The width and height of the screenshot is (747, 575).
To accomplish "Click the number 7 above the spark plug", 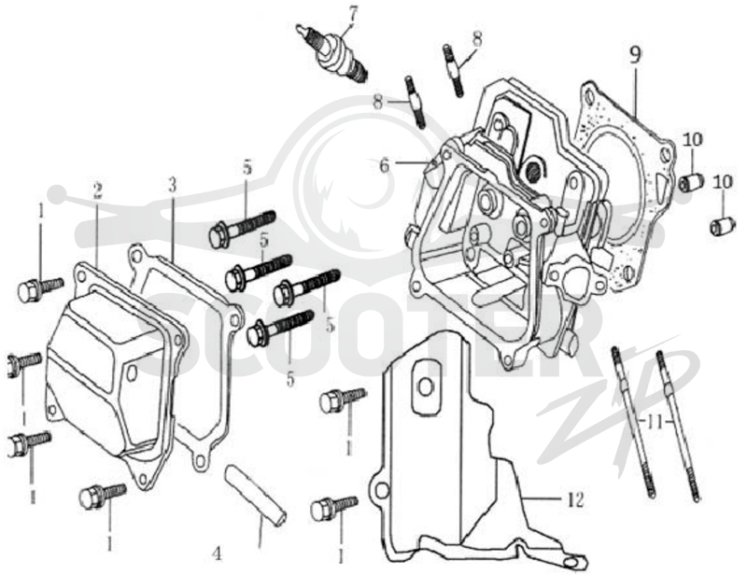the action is tap(352, 15).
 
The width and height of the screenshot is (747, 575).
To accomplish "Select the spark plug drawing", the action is tap(333, 53).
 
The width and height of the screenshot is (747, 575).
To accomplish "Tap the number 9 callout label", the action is tap(635, 55).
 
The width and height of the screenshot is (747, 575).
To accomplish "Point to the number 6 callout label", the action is tap(385, 165).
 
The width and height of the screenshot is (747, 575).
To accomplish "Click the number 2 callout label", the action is tap(98, 190).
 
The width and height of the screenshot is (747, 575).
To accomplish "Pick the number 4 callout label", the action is tap(217, 554).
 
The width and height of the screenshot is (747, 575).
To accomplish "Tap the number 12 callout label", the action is tap(575, 499).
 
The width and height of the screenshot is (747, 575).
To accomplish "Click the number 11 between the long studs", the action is tap(655, 422).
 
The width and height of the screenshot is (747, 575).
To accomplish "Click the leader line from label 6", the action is tap(412, 163).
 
